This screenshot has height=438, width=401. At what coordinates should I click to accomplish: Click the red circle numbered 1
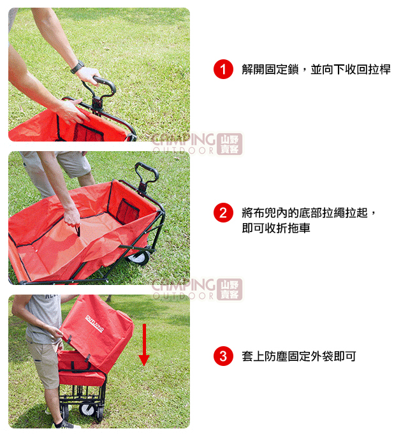click(x=223, y=69)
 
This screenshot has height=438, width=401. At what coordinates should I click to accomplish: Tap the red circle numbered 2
click(x=223, y=212)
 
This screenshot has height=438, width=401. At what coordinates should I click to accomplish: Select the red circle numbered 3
click(x=223, y=356)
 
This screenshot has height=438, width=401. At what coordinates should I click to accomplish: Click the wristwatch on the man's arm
click(x=77, y=67)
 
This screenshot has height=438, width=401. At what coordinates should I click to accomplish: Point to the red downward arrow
click(x=144, y=345)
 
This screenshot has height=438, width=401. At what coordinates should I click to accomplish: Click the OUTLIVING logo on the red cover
click(x=94, y=324)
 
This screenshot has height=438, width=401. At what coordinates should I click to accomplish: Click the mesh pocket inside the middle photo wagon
click(x=127, y=211)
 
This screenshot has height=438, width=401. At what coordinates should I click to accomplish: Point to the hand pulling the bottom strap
click(x=72, y=217)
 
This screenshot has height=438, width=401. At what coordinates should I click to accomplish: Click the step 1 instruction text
click(x=316, y=69)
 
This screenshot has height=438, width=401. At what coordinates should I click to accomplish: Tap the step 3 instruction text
click(x=299, y=356)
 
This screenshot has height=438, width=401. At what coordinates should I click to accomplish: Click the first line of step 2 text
click(x=309, y=213)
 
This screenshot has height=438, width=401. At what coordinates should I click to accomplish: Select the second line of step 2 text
click(x=276, y=228)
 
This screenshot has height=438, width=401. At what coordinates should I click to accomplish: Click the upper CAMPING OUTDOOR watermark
click(x=197, y=143)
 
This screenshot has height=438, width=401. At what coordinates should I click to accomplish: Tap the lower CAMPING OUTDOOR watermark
click(x=197, y=289)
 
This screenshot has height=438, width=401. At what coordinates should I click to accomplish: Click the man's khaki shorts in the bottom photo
click(x=45, y=363)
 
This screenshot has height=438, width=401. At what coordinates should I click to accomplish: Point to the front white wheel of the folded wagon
click(x=88, y=409)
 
